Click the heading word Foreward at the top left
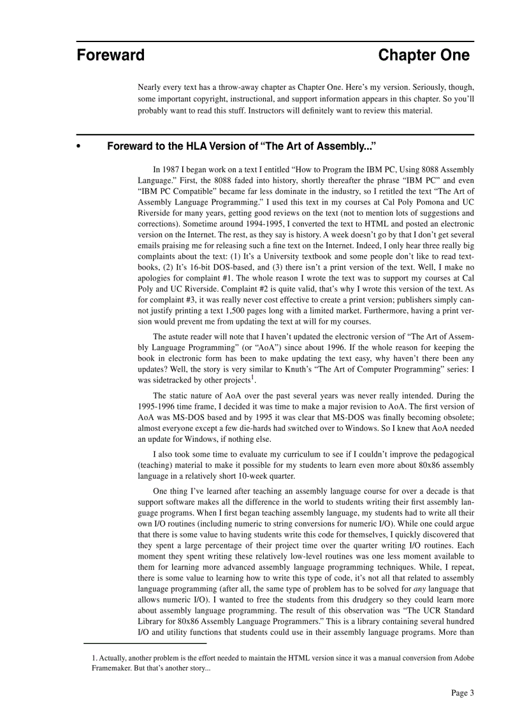111,55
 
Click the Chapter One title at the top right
423,55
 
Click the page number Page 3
463,693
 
